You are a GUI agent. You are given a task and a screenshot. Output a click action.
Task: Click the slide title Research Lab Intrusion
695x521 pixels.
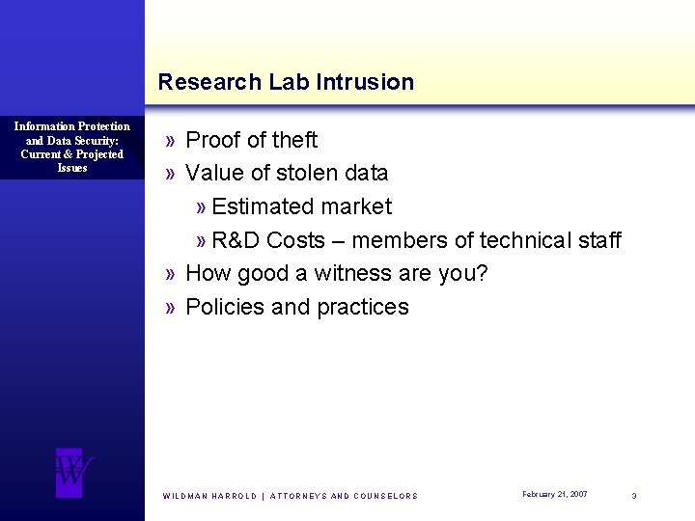[286, 82]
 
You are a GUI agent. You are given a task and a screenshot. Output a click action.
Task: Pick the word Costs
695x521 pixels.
[296, 240]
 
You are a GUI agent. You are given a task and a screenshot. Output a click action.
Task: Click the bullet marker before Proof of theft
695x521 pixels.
[170, 141]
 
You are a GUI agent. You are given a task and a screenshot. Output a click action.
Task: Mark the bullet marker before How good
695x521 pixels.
[170, 274]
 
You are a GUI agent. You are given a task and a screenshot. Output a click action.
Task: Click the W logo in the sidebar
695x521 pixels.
[72, 472]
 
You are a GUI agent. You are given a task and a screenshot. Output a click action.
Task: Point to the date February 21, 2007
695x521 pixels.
[554, 494]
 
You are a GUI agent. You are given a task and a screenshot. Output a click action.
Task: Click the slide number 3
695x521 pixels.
[634, 495]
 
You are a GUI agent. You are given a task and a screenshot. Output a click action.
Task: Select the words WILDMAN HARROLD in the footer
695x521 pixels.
[209, 496]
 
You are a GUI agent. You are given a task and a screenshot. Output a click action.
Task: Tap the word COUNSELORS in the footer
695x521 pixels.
[386, 496]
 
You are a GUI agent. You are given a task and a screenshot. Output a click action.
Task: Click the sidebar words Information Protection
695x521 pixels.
[72, 126]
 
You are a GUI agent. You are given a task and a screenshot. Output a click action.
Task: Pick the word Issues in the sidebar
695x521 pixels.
[72, 168]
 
